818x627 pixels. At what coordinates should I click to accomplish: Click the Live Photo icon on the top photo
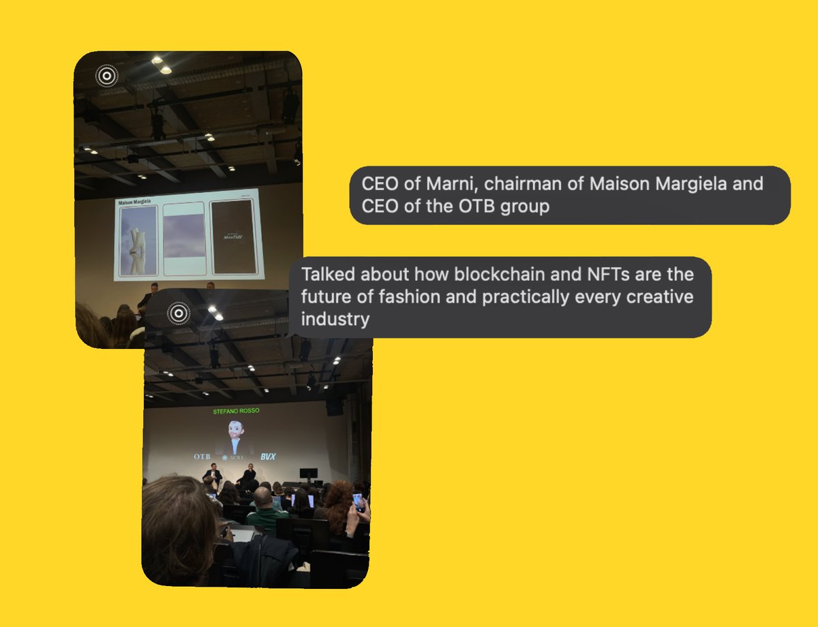click(106, 76)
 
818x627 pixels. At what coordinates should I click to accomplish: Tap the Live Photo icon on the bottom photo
click(178, 313)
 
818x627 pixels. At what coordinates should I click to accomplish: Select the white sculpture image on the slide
click(138, 241)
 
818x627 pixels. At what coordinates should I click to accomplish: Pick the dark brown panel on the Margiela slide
click(234, 237)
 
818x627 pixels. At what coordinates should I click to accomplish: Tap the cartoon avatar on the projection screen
click(234, 435)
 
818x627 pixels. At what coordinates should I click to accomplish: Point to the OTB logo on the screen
click(202, 455)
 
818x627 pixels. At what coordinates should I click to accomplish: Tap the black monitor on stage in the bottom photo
click(309, 473)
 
